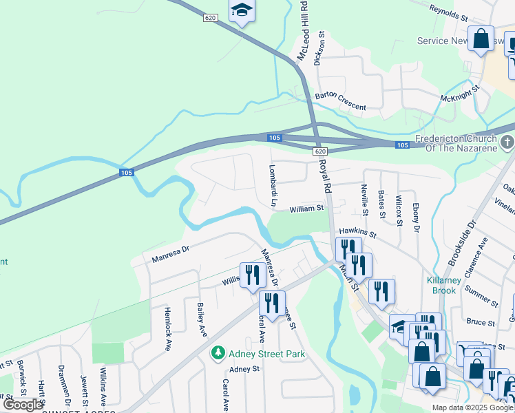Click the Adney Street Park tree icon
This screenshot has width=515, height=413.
point(218,353)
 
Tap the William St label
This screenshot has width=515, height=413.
point(306,208)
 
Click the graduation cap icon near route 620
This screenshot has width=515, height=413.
point(242,10)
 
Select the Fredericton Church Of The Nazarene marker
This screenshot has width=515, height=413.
point(507,142)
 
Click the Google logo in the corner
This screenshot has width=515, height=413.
point(23,404)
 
